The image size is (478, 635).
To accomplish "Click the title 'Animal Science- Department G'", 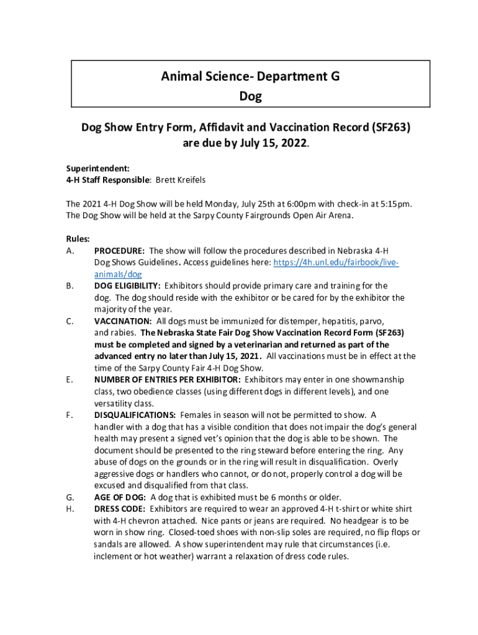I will tap(250, 77).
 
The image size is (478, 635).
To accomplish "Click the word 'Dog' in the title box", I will tap(250, 96).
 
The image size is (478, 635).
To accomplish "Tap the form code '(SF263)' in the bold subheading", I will tap(390, 127).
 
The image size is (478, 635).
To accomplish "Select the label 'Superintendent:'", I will tap(89, 168).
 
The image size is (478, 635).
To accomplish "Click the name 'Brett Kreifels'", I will tap(180, 180).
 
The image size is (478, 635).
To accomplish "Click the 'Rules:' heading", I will tap(78, 239).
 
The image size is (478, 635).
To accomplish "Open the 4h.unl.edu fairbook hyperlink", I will tap(335, 262).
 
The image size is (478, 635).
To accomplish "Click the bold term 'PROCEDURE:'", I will tap(120, 251).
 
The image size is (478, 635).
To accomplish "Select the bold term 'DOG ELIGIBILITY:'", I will tap(128, 286).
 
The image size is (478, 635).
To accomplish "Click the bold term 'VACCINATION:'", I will tap(123, 321).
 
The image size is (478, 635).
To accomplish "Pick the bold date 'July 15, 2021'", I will tap(234, 356).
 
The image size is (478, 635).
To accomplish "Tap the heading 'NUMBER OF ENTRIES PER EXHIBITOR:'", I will tap(168, 380).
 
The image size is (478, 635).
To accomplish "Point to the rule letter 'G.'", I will tap(70, 497).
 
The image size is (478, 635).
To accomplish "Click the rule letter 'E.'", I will tap(70, 380).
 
